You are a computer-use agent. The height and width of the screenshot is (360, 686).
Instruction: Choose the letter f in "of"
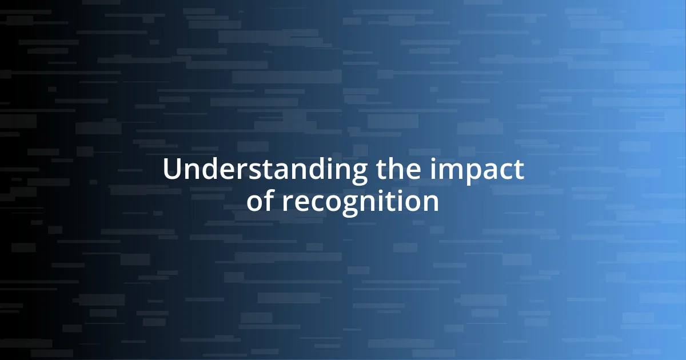click(x=269, y=200)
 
